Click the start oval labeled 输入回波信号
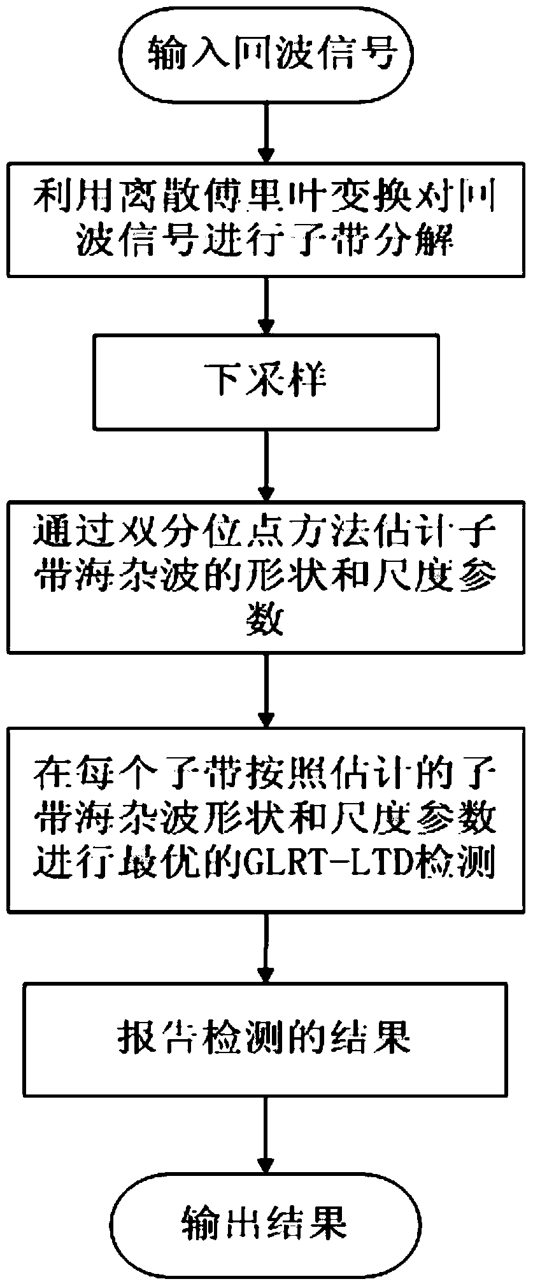pyautogui.click(x=266, y=55)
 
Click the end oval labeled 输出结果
pyautogui.click(x=266, y=1219)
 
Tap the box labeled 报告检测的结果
pyautogui.click(x=266, y=1039)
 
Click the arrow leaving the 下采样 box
pyautogui.click(x=266, y=465)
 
